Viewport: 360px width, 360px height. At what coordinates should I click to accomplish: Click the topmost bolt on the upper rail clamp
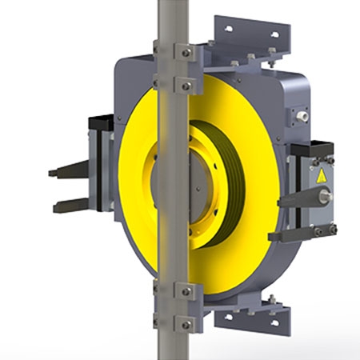coord(186,53)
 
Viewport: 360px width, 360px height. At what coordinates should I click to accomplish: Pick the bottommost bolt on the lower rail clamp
coord(186,322)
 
